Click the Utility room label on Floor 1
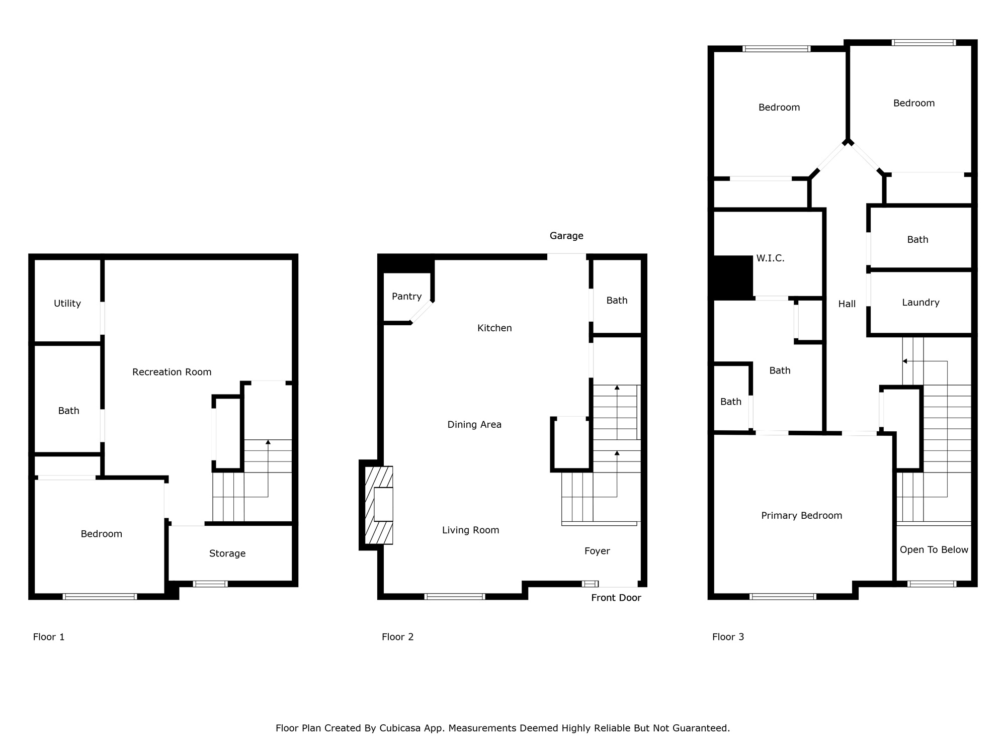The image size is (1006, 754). (67, 304)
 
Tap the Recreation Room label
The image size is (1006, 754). (172, 372)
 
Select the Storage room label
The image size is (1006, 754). (227, 553)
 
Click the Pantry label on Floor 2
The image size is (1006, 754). (406, 297)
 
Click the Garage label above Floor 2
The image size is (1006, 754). (566, 236)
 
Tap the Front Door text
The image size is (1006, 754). (616, 598)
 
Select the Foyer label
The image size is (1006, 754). (597, 551)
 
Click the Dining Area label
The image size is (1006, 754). (474, 425)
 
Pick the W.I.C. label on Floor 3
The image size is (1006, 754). (770, 258)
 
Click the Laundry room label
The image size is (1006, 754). (920, 303)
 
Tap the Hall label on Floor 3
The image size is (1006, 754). (847, 304)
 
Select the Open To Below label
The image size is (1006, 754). (934, 550)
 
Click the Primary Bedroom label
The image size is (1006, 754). (801, 516)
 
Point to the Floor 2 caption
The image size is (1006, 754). (397, 637)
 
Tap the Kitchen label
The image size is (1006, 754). (494, 328)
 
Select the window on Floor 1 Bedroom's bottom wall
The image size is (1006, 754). (100, 597)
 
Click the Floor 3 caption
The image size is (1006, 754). (728, 637)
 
